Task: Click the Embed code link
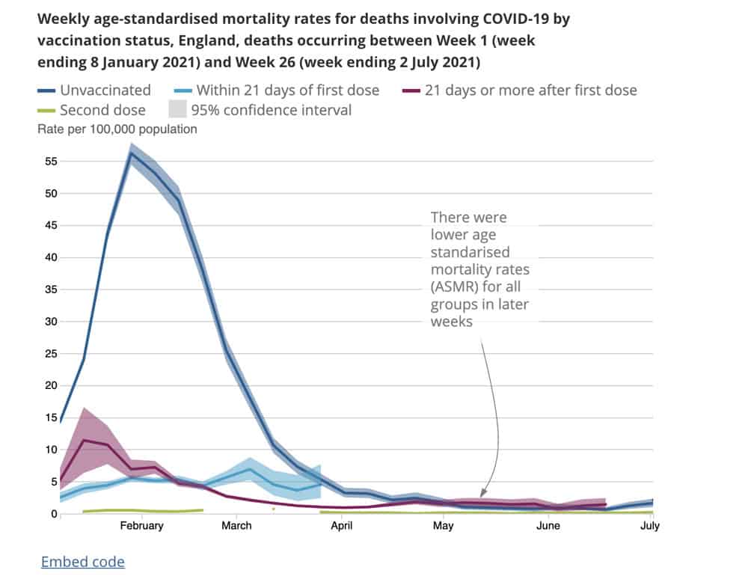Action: [82, 562]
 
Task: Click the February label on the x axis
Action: [141, 526]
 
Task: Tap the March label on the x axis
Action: [236, 526]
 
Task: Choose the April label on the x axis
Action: [342, 526]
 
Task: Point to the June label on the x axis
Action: [548, 526]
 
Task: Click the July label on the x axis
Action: [650, 526]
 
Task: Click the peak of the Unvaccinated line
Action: [132, 153]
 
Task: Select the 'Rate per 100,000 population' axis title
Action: [117, 129]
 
